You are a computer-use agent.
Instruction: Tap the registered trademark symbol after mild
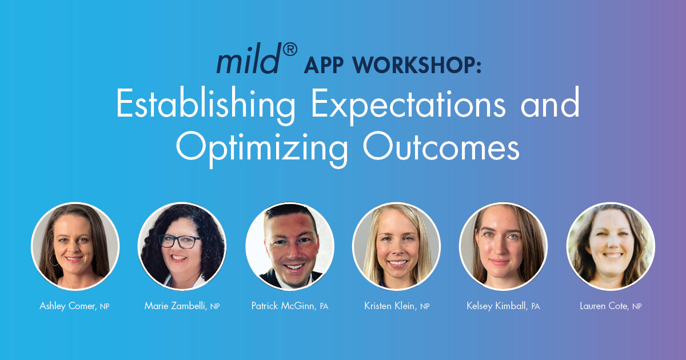point(289,51)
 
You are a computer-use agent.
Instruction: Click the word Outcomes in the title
point(441,147)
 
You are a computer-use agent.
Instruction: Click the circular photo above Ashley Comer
point(75,246)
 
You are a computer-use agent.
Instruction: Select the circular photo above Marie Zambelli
point(182,246)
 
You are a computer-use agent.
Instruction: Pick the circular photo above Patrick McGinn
point(289,246)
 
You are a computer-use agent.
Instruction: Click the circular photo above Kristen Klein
point(396,246)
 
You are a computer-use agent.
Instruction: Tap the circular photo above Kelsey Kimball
point(503,246)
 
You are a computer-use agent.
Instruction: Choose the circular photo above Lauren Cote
point(611,246)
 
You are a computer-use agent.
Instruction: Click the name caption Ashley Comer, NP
point(74,306)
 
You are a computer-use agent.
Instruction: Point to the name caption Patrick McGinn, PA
point(289,306)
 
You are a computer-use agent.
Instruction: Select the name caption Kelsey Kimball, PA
point(503,306)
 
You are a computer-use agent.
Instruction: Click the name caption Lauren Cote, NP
point(611,306)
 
